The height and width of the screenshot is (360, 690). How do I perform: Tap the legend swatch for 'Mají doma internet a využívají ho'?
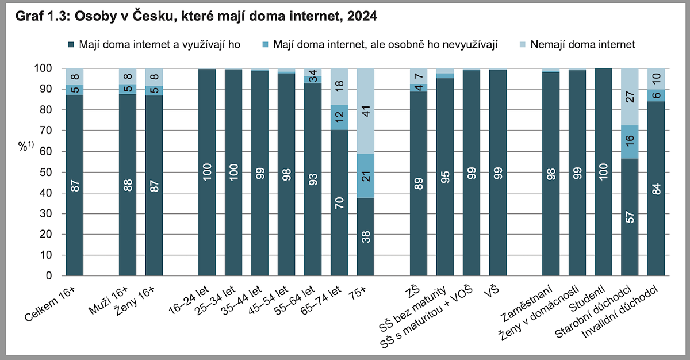(x=71, y=44)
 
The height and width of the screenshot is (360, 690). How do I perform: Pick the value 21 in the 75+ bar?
(x=365, y=175)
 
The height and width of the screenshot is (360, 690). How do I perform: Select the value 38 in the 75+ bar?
(x=365, y=236)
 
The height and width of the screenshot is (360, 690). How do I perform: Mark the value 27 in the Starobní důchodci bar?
(x=630, y=97)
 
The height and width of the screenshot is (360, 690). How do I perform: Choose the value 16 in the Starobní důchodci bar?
(x=630, y=141)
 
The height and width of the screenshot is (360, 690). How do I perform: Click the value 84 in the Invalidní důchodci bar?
(x=656, y=189)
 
